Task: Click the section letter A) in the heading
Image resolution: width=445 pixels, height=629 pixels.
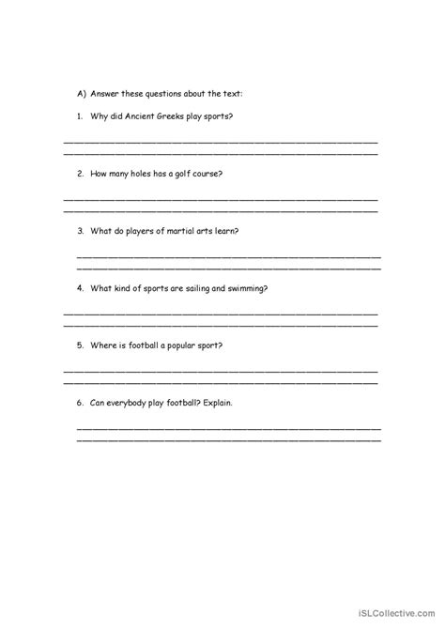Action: pyautogui.click(x=82, y=94)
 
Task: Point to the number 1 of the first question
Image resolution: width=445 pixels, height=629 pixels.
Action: pyautogui.click(x=80, y=116)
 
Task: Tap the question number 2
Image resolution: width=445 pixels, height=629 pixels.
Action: pyautogui.click(x=81, y=174)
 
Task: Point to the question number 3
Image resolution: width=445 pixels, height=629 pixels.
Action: pyautogui.click(x=81, y=231)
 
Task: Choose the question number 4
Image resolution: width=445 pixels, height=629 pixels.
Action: pyautogui.click(x=81, y=288)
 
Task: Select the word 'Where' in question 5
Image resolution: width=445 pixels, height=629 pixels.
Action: pyautogui.click(x=102, y=345)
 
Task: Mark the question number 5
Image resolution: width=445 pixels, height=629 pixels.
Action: pyautogui.click(x=81, y=345)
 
